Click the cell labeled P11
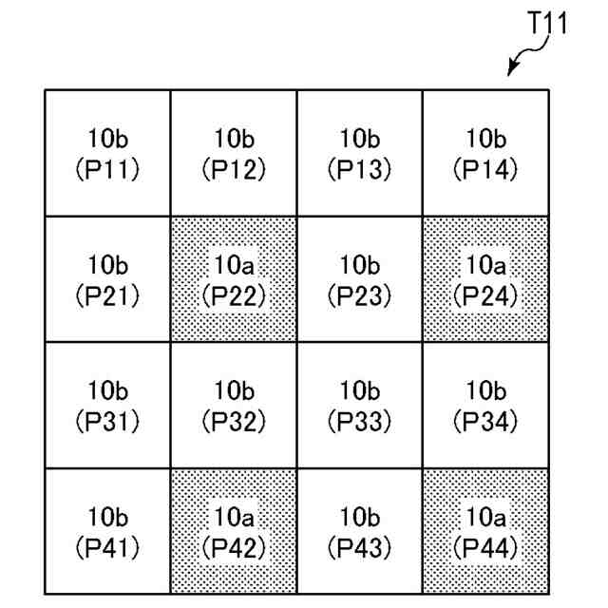point(107,153)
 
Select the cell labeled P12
point(234,153)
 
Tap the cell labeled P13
point(359,153)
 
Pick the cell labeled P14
point(485,153)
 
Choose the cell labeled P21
point(107,279)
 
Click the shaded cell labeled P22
point(234,279)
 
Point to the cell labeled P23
point(359,279)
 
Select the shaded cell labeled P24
point(485,279)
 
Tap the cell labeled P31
point(107,406)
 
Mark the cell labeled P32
point(234,406)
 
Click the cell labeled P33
point(359,406)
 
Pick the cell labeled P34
point(485,406)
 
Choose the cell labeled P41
point(107,532)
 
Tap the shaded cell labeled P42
point(234,532)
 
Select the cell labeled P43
point(359,532)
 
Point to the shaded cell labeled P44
point(485,532)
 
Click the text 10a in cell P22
point(234,264)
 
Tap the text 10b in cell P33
point(359,390)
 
